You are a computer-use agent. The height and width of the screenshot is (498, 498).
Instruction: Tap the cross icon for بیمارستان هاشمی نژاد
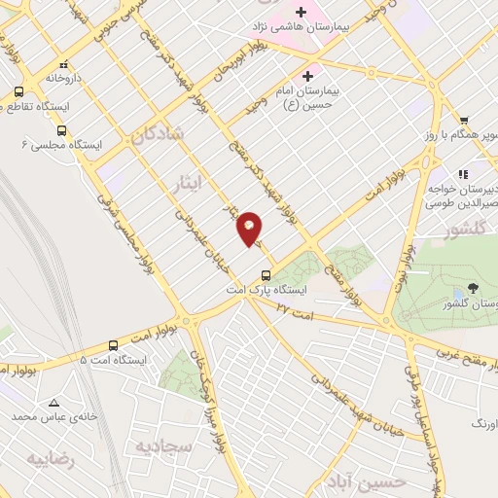(303, 13)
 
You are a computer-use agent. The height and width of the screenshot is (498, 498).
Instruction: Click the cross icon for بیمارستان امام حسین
(309, 76)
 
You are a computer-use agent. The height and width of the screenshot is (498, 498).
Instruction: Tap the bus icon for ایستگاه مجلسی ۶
(62, 129)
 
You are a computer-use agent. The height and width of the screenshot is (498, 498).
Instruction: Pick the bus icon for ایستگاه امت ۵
(114, 345)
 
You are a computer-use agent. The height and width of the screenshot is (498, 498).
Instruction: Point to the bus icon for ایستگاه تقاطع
(18, 92)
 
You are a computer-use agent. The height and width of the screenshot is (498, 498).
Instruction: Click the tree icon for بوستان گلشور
(473, 287)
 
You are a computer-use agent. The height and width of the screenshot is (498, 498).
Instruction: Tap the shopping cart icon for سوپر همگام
(464, 121)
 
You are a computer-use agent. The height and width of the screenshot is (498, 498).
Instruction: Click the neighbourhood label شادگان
(158, 138)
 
